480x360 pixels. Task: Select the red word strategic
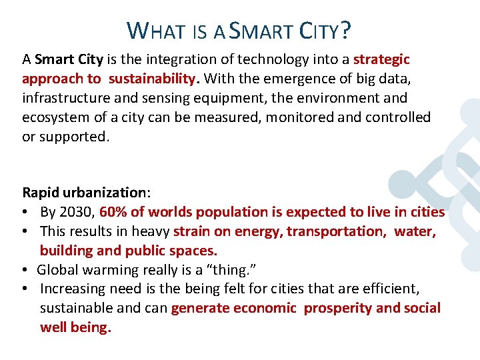pos(381,59)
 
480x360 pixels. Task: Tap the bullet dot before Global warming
pos(26,270)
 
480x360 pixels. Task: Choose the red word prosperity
pos(338,308)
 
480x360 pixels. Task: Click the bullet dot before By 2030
pos(26,212)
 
